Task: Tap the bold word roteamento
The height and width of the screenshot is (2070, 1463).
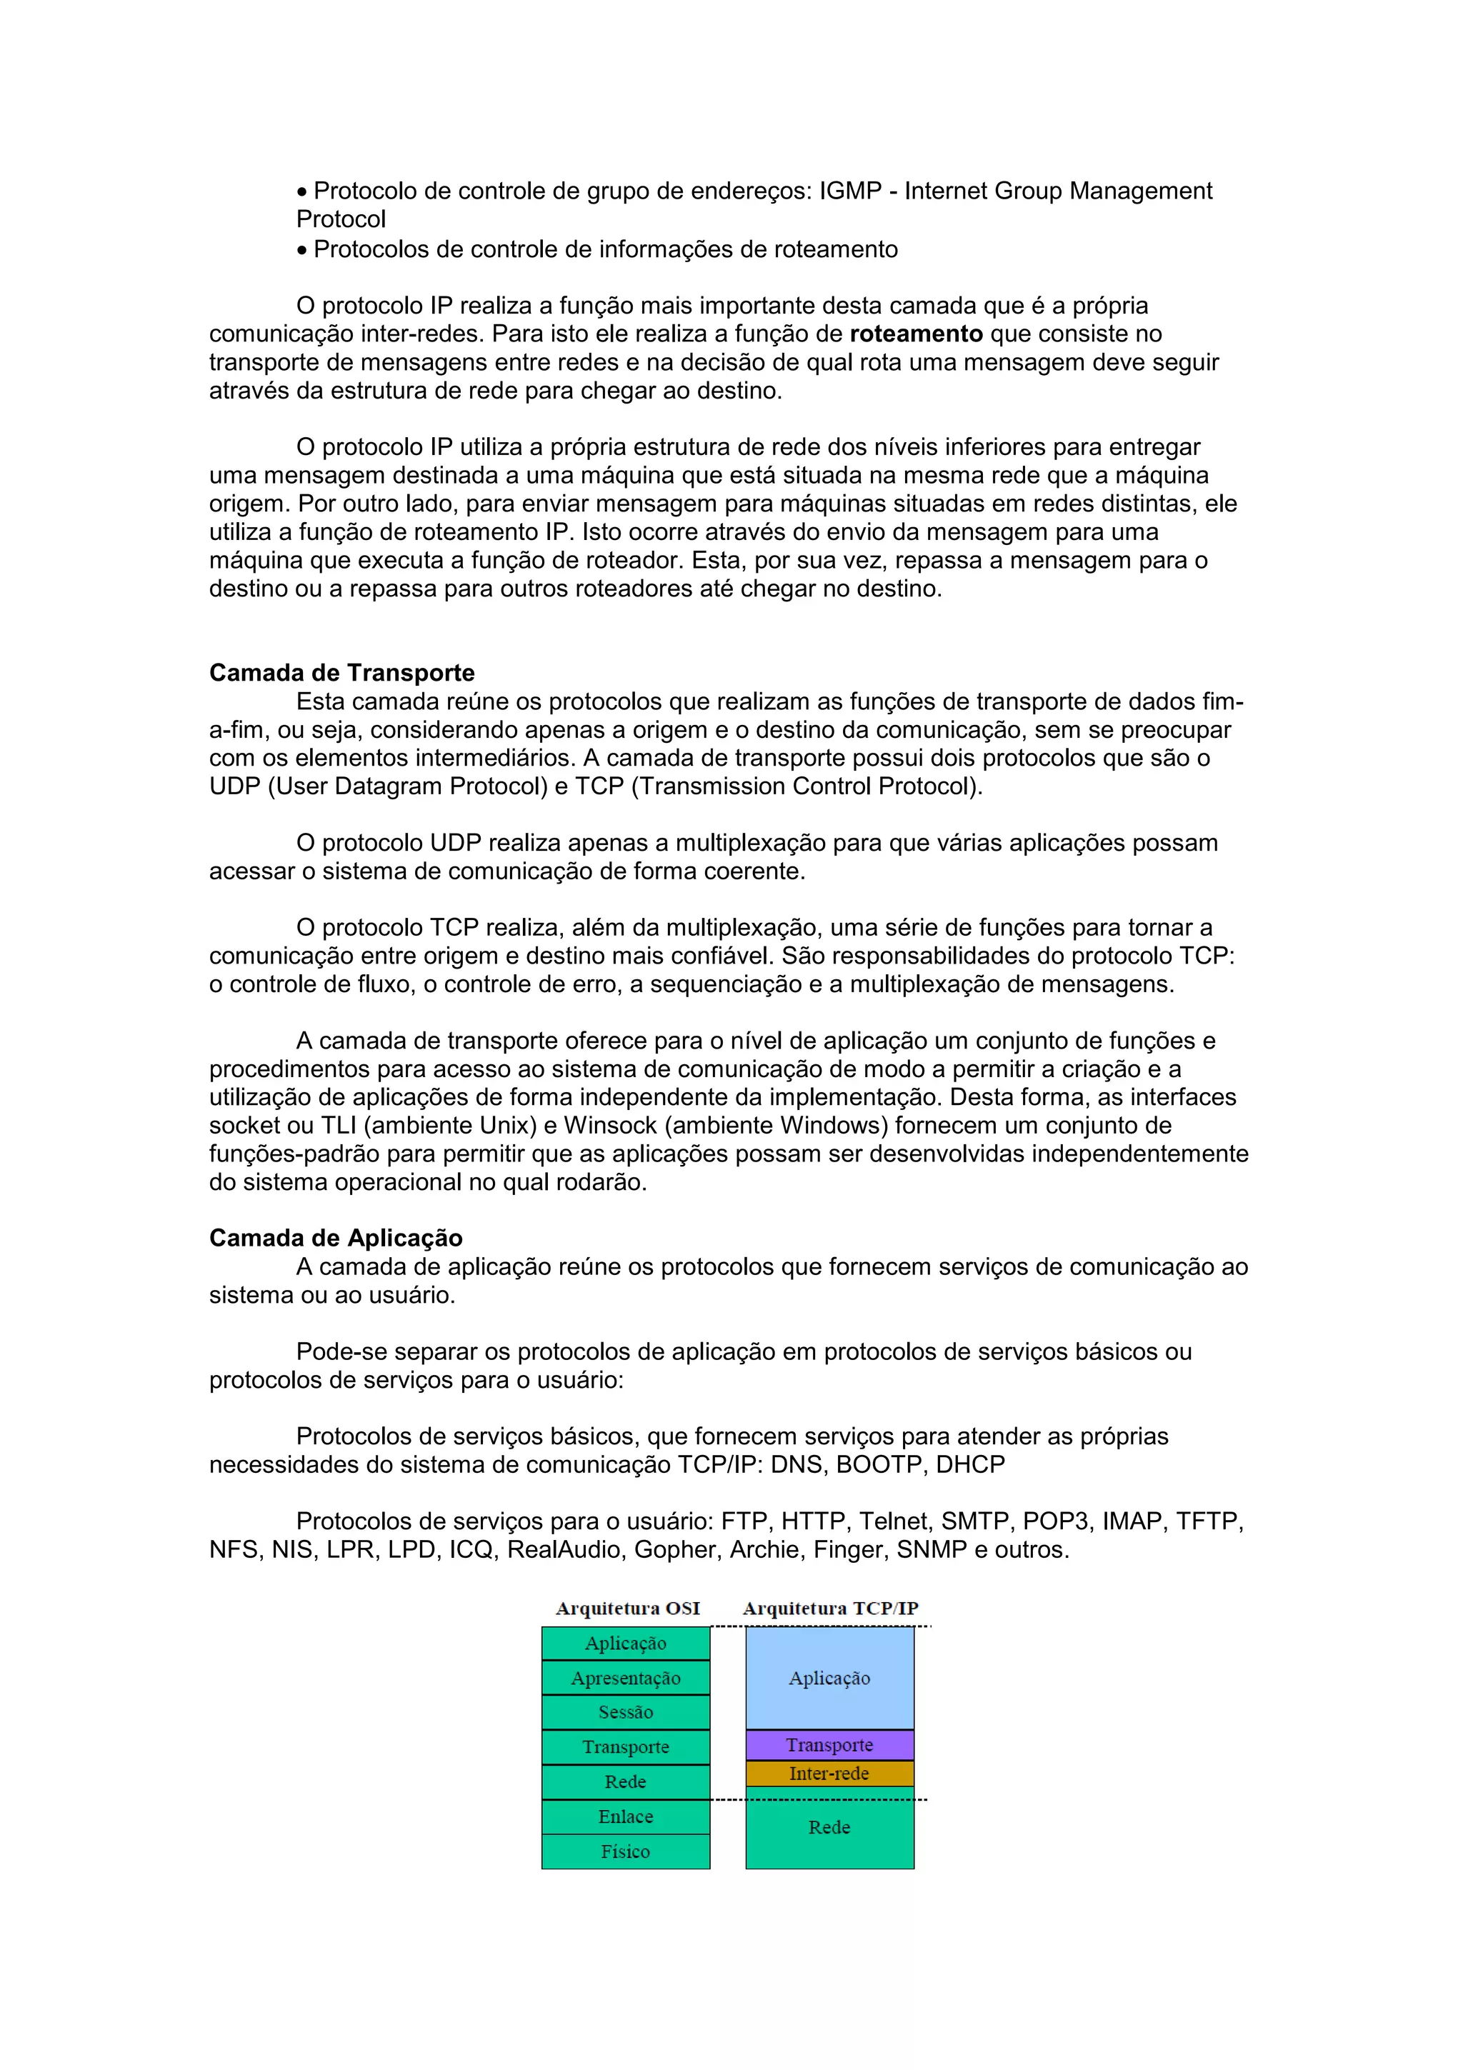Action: click(x=916, y=334)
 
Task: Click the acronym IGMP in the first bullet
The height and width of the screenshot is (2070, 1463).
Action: click(x=850, y=191)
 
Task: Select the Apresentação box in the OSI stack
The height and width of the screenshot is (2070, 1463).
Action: click(x=626, y=1678)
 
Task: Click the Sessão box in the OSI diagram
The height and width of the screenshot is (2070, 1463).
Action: click(x=626, y=1712)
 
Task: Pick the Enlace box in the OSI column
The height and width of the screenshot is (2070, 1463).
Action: click(x=626, y=1816)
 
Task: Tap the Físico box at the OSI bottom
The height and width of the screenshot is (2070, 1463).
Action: click(x=626, y=1852)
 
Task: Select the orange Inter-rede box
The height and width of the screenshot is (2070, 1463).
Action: click(x=829, y=1774)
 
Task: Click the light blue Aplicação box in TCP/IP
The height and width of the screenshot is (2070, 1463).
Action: click(x=829, y=1678)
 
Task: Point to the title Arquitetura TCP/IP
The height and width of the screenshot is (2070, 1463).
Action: click(x=830, y=1609)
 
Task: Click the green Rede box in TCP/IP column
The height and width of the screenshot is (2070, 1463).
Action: click(x=829, y=1827)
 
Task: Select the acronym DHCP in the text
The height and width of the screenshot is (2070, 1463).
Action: click(x=970, y=1464)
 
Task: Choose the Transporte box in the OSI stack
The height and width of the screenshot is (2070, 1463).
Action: click(x=626, y=1747)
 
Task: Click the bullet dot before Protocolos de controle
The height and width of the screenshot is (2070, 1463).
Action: click(x=302, y=251)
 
